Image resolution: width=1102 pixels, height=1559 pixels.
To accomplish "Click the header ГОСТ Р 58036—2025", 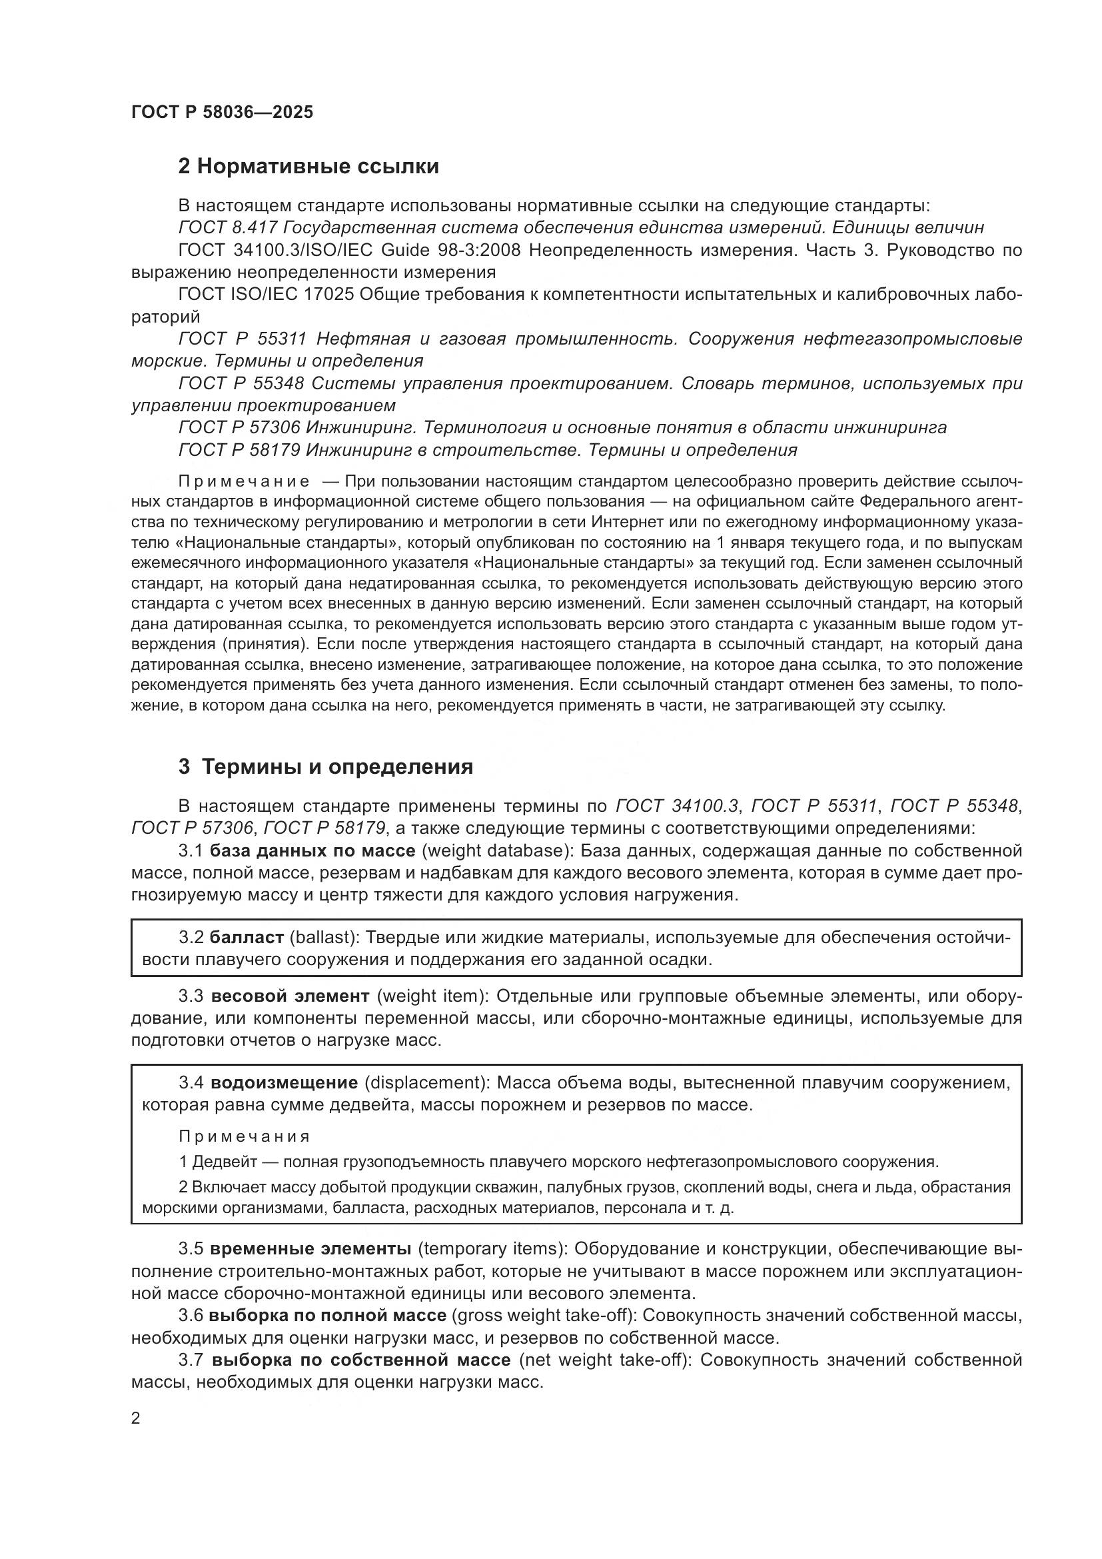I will (x=222, y=112).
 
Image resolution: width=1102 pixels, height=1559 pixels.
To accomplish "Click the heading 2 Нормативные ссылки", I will (x=308, y=167).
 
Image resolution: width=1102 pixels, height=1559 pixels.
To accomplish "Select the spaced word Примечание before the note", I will (x=244, y=481).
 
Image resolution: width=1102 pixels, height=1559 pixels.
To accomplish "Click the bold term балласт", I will (x=247, y=938).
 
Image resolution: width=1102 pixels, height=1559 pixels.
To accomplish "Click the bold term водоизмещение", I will (x=284, y=1082).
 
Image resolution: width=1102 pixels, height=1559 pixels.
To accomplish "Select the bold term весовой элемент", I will (x=290, y=996).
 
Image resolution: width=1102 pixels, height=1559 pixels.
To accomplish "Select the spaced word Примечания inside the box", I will (x=245, y=1136).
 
